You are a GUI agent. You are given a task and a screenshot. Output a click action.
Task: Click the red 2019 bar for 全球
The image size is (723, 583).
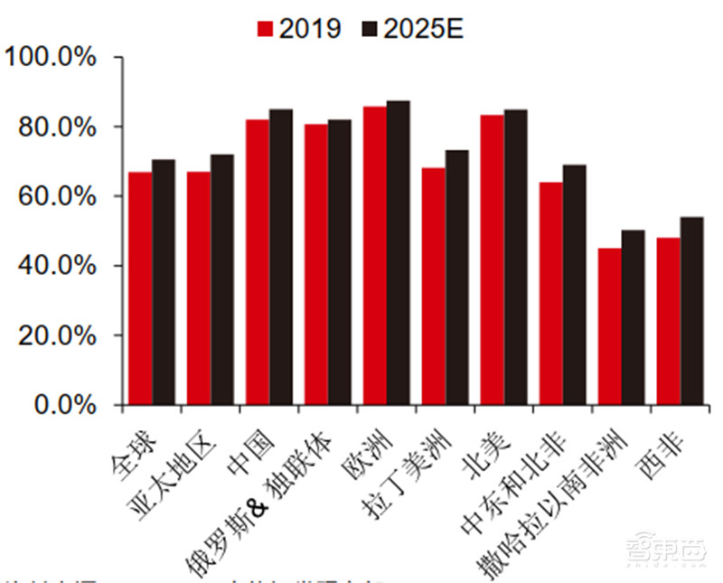[x=140, y=288]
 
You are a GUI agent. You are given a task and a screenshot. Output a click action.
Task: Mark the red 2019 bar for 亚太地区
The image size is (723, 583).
[x=199, y=288]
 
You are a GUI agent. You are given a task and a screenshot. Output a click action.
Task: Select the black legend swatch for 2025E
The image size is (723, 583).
[x=369, y=28]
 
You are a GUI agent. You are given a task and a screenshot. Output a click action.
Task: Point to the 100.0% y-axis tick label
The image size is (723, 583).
[x=52, y=58]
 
